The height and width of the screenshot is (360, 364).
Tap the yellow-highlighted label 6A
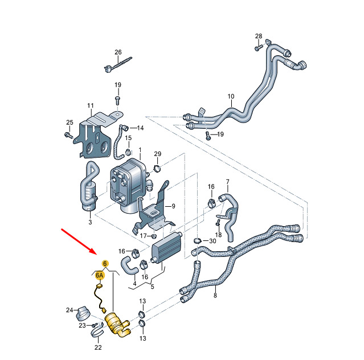[x=99, y=275]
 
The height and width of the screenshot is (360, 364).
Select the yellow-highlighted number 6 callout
[x=105, y=263]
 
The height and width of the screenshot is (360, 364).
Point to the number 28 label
[x=259, y=37]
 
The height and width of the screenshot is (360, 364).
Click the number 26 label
[x=118, y=52]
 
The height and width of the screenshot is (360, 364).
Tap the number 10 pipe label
[x=231, y=96]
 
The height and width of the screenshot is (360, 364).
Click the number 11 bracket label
[x=90, y=106]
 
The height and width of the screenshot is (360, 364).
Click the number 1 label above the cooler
[x=140, y=149]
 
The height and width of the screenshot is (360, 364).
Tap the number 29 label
[x=158, y=154]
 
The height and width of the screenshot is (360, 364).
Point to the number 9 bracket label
[x=173, y=206]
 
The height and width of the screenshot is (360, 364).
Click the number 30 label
[x=213, y=241]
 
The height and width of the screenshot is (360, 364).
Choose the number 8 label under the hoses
[x=215, y=296]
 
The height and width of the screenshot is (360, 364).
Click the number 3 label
[x=89, y=223]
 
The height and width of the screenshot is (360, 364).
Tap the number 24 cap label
[x=69, y=310]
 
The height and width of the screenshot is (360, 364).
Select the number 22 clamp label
[x=97, y=347]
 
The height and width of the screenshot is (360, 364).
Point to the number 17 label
[x=144, y=235]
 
